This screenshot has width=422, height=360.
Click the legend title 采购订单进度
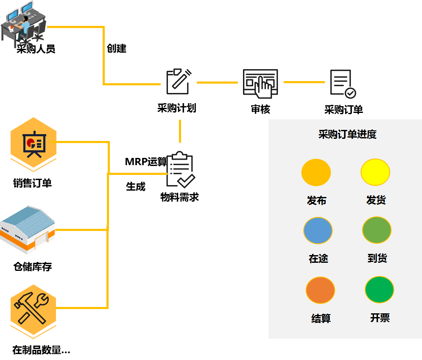(347, 135)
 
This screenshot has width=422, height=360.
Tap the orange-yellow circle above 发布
(316, 172)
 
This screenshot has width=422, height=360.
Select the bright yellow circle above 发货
(375, 172)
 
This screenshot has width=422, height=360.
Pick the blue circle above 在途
(318, 231)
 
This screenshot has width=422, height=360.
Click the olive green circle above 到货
(377, 230)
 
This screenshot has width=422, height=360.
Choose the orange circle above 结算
(320, 290)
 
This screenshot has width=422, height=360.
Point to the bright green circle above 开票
(379, 290)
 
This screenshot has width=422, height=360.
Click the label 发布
(317, 200)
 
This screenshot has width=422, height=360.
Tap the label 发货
(376, 200)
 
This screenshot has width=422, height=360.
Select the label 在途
(319, 258)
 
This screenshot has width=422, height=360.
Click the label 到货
(377, 258)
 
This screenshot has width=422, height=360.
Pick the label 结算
(321, 318)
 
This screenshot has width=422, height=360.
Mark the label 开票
(380, 318)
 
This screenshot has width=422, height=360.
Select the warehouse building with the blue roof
(28, 229)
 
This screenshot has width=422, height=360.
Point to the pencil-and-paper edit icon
(179, 82)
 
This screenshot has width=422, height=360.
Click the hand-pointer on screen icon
(260, 83)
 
